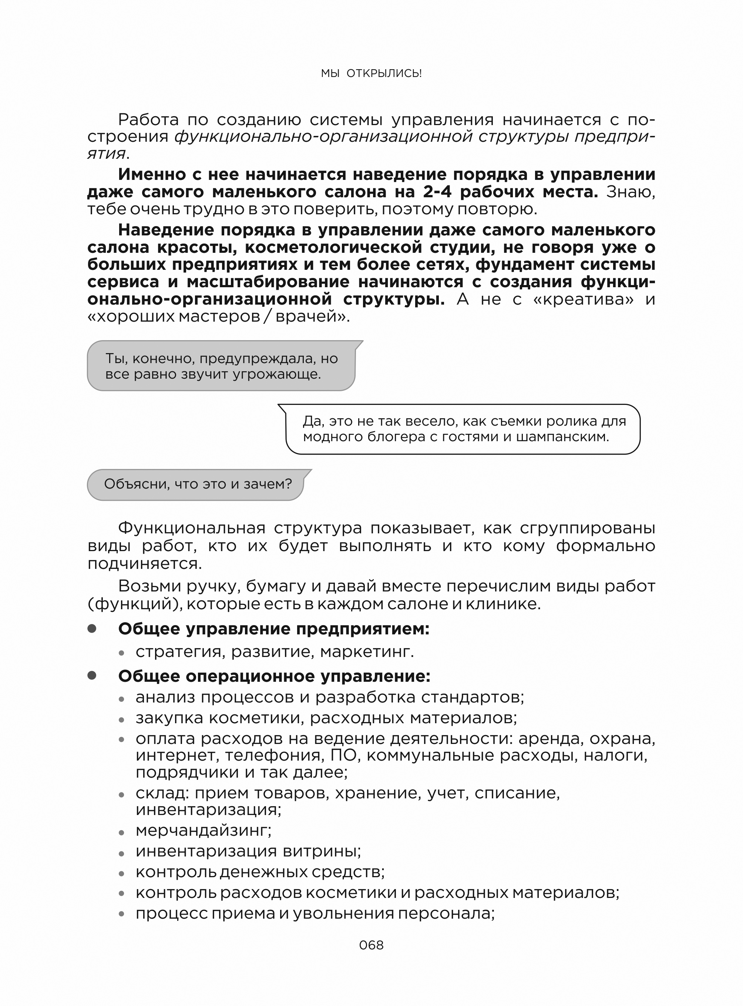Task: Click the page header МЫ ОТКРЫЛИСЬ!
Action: tap(371, 73)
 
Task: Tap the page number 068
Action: tap(371, 945)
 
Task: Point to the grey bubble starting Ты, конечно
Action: tap(221, 366)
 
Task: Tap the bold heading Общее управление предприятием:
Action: tap(274, 629)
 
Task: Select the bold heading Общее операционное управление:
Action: tap(274, 676)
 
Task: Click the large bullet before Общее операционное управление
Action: tap(92, 675)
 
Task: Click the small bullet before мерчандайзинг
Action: tap(121, 833)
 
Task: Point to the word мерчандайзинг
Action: tap(203, 830)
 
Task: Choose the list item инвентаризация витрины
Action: tap(248, 851)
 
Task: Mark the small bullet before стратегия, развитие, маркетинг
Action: tap(121, 653)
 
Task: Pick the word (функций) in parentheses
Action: tap(135, 604)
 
